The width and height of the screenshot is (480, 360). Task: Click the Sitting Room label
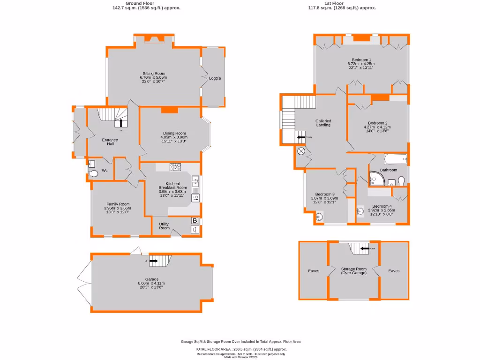[154, 74]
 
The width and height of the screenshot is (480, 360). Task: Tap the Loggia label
[215, 78]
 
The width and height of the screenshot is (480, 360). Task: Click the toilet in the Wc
[94, 174]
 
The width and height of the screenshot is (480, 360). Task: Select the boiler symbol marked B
[195, 221]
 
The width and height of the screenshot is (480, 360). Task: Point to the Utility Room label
[164, 226]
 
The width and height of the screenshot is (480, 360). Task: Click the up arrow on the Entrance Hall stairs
[121, 123]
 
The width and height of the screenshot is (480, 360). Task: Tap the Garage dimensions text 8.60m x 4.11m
[151, 283]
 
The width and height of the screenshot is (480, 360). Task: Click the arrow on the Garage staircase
[153, 261]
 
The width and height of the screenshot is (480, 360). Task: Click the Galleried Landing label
[323, 123]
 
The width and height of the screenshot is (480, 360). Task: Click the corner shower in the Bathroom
[375, 179]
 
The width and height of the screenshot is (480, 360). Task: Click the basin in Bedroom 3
[320, 217]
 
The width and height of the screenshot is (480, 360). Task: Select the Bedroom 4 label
[382, 206]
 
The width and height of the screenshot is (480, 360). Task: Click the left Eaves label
[314, 271]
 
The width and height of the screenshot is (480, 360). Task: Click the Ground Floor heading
[140, 3]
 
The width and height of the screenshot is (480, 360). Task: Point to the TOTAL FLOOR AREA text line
[240, 349]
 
